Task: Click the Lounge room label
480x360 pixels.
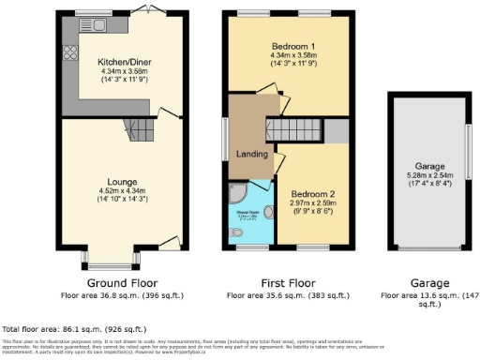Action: click(x=122, y=181)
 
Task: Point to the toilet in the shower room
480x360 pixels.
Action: click(x=268, y=211)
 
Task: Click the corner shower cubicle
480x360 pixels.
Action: click(x=238, y=192)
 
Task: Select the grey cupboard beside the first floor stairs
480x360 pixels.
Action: click(x=337, y=131)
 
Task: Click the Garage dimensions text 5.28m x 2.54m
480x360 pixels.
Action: click(x=429, y=173)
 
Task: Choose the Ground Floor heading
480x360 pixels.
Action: click(x=122, y=282)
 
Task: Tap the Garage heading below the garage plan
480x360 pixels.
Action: click(x=428, y=282)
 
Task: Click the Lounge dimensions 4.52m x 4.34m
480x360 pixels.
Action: click(x=122, y=191)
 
